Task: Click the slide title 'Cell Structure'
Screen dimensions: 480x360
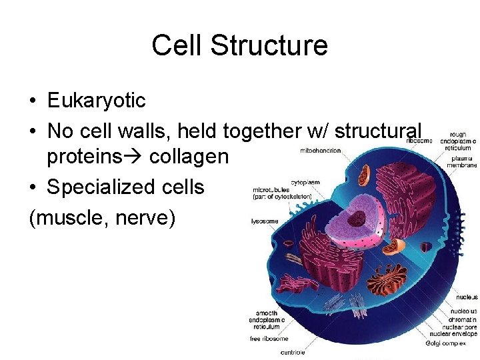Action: (x=239, y=46)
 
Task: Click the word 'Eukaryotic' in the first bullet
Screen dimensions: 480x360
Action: (x=96, y=101)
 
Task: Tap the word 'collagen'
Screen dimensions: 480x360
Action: (x=189, y=157)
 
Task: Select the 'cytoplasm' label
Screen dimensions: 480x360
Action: (x=305, y=182)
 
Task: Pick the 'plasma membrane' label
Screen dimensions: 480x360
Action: (x=463, y=161)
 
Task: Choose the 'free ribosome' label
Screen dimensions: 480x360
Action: (x=269, y=339)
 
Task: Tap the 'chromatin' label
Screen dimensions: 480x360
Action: (x=464, y=318)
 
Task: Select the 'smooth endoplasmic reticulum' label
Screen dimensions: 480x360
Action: (x=267, y=319)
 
